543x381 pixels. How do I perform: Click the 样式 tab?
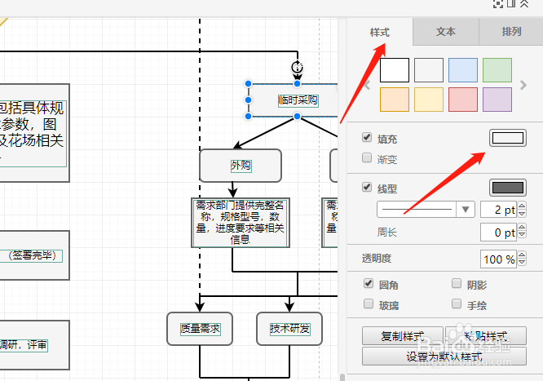pos(380,33)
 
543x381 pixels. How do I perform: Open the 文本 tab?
pos(446,33)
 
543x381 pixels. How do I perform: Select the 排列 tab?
pos(512,33)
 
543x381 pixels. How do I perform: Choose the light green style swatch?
pos(497,70)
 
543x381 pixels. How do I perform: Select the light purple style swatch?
pos(497,100)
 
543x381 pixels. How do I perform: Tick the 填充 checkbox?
pos(367,139)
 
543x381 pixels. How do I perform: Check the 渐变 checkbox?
pos(367,160)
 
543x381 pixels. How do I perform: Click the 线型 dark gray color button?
pos(507,188)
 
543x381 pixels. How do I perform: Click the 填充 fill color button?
pos(507,139)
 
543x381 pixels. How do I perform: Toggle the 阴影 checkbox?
pos(457,285)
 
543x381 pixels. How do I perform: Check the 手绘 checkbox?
pos(457,304)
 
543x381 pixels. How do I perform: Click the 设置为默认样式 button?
pos(444,357)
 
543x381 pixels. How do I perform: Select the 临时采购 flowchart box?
pos(297,100)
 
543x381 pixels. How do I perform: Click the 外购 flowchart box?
pos(241,166)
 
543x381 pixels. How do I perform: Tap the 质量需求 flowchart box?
pos(200,329)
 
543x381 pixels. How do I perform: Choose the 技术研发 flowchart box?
pos(289,329)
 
